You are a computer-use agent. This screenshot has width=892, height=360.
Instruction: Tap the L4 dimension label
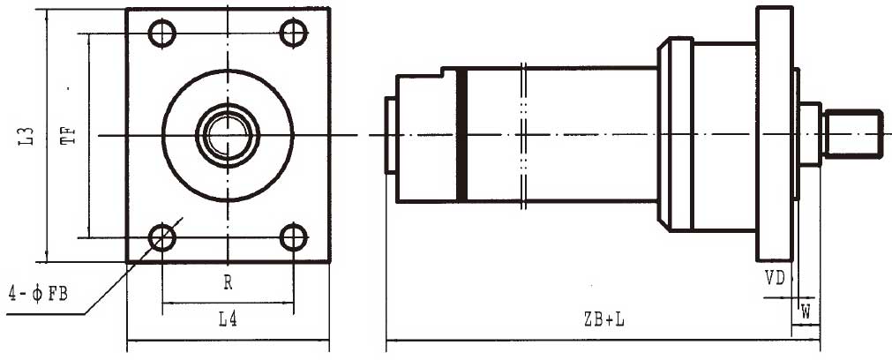pyautogui.click(x=227, y=320)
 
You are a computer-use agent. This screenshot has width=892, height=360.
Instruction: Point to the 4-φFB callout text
pyautogui.click(x=38, y=292)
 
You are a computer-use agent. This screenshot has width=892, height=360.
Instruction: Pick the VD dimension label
pyautogui.click(x=775, y=277)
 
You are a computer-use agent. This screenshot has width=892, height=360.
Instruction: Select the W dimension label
pyautogui.click(x=805, y=311)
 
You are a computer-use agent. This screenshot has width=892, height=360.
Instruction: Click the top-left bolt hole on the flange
pyautogui.click(x=161, y=34)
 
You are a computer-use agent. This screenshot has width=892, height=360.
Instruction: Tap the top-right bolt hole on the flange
pyautogui.click(x=293, y=34)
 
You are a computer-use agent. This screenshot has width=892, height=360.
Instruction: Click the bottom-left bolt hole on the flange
pyautogui.click(x=161, y=236)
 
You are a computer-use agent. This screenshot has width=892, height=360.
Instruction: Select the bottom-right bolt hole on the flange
pyautogui.click(x=293, y=236)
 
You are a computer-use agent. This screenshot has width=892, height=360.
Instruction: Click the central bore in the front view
pyautogui.click(x=228, y=135)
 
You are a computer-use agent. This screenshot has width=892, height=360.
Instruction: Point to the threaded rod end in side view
pyautogui.click(x=852, y=134)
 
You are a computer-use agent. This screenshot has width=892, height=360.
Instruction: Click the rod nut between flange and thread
pyautogui.click(x=810, y=134)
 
